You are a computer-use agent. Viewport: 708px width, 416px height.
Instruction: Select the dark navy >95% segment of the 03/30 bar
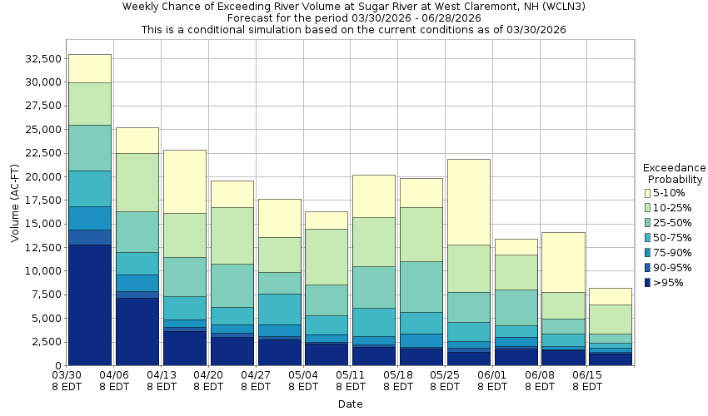(89, 305)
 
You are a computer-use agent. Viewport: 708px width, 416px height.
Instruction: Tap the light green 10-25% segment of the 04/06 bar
(137, 182)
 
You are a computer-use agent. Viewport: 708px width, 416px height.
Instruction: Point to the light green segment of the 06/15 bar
(611, 319)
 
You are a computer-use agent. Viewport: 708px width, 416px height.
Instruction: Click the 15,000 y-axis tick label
(42, 224)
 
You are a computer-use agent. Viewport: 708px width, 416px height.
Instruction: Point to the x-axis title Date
(350, 404)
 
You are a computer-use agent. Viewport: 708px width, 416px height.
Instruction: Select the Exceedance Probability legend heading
(675, 173)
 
